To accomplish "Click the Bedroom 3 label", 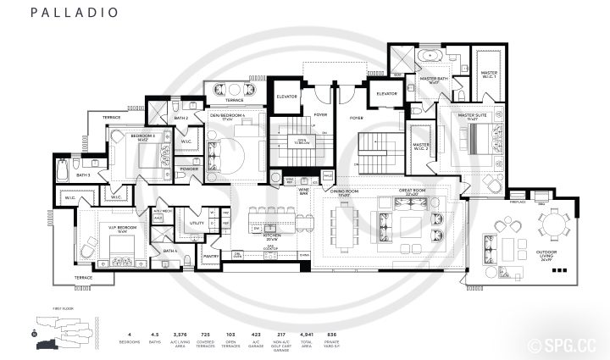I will pyautogui.click(x=128, y=135).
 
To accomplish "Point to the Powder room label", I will pyautogui.click(x=189, y=168).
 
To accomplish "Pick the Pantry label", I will pyautogui.click(x=211, y=254).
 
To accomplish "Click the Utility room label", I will pyautogui.click(x=197, y=223).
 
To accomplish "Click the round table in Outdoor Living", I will pyautogui.click(x=556, y=225).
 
